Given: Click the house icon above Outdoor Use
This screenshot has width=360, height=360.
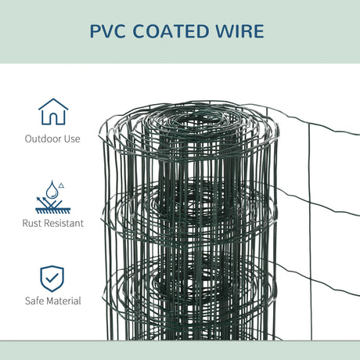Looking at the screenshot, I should coord(52,112).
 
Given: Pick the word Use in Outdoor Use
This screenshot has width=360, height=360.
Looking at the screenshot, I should coord(72,139).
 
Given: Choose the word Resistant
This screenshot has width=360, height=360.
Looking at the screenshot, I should coord(64,222).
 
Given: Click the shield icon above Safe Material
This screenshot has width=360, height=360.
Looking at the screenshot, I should coord(52,277).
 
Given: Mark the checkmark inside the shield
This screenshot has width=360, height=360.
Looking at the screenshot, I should coord(52,277).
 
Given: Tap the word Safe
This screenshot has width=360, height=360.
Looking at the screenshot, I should coord(35,301).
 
